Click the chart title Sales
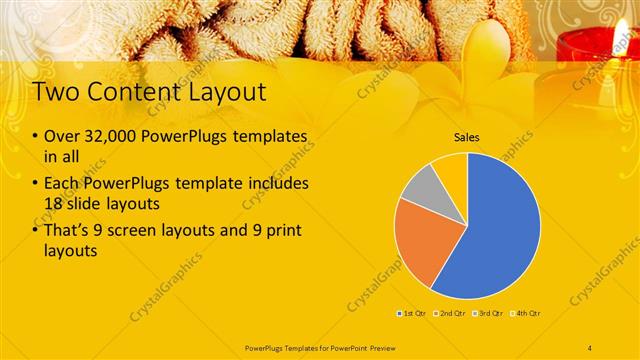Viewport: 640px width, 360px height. point(467,137)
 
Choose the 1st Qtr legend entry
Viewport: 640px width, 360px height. point(413,314)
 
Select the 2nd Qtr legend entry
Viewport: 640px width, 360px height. point(451,314)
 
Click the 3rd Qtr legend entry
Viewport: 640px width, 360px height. point(489,314)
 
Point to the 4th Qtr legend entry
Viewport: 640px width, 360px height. point(527,314)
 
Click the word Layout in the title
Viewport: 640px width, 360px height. point(224,93)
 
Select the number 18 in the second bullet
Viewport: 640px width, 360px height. point(55,202)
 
